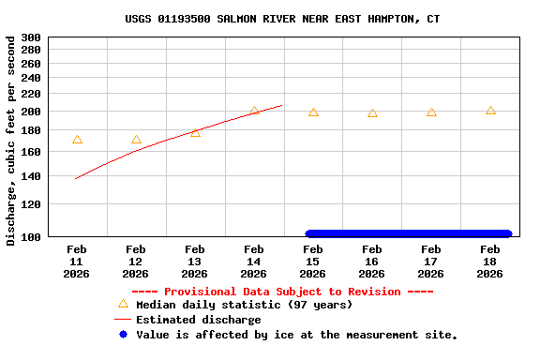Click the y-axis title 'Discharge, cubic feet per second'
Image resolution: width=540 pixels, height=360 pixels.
click(11, 141)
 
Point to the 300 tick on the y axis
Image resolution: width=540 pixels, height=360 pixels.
click(31, 37)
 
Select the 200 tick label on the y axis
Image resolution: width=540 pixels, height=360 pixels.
click(31, 112)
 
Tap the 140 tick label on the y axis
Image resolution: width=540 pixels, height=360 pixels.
click(31, 176)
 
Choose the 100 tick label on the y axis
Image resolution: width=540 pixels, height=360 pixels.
click(31, 237)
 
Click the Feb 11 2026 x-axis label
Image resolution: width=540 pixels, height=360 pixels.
click(77, 262)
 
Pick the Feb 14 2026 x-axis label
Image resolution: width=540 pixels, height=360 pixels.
click(254, 262)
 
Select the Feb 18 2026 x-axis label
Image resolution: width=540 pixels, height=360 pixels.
click(490, 262)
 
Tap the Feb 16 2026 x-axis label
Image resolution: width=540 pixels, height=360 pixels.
click(372, 262)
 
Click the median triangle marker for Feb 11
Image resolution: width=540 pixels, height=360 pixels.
click(77, 140)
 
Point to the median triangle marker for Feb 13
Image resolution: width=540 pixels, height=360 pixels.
click(195, 133)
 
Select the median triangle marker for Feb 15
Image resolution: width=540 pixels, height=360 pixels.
click(313, 112)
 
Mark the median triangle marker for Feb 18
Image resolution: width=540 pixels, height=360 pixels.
click(490, 111)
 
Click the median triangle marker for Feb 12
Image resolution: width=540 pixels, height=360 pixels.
click(136, 140)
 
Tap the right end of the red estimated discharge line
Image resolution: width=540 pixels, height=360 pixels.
click(282, 105)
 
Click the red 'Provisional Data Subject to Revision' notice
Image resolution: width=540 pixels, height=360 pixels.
click(282, 292)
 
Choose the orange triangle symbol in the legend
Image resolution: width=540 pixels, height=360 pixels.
click(123, 304)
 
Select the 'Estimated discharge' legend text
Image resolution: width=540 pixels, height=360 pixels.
click(199, 320)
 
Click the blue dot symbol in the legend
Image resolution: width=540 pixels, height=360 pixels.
click(123, 334)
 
